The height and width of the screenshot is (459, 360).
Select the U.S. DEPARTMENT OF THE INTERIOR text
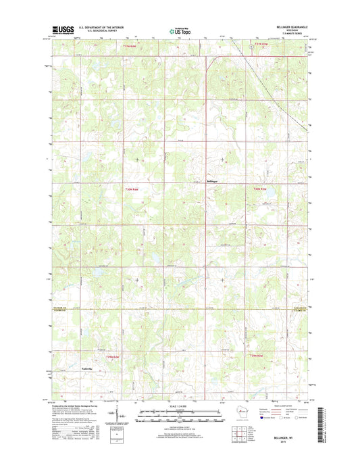98,28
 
